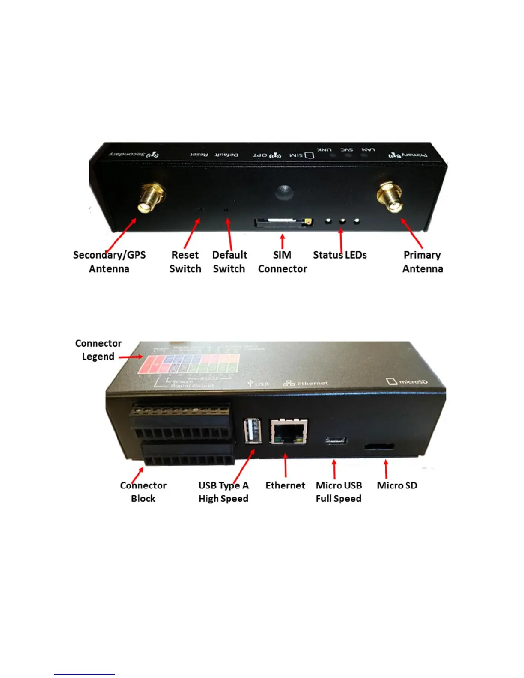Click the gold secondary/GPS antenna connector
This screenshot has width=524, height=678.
tap(151, 198)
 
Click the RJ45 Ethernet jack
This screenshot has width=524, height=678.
tap(289, 431)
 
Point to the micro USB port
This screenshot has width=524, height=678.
tap(336, 440)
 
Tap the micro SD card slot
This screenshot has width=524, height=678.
tap(379, 447)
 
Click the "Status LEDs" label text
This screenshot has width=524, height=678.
tap(340, 255)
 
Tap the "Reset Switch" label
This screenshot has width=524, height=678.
tap(185, 262)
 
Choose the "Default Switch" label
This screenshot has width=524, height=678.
tap(229, 262)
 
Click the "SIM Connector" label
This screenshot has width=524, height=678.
tap(283, 262)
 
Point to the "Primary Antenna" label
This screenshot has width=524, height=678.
tap(423, 262)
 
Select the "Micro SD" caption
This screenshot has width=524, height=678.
tap(397, 485)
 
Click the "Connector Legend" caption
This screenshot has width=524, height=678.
tap(98, 350)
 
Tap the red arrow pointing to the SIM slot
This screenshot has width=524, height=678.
tap(282, 241)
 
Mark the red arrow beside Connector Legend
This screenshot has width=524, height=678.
tap(131, 357)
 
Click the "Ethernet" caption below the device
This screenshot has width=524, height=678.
tap(285, 485)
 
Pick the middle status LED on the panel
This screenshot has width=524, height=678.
tap(342, 221)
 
